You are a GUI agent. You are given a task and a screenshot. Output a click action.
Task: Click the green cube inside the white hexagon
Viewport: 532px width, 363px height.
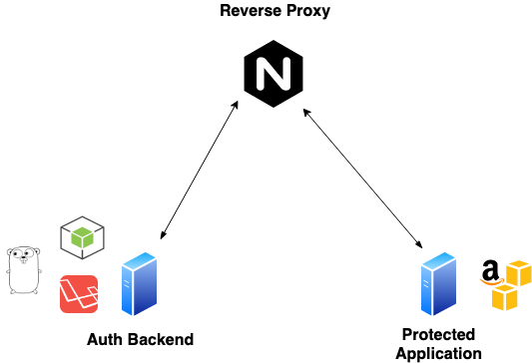pyautogui.click(x=82, y=237)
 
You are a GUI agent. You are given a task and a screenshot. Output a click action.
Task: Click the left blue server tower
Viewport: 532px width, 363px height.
pyautogui.click(x=139, y=284)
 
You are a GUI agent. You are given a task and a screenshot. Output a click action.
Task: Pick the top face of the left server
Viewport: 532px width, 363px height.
pyautogui.click(x=140, y=259)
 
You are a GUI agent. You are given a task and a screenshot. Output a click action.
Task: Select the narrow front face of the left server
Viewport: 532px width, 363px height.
pyautogui.click(x=127, y=291)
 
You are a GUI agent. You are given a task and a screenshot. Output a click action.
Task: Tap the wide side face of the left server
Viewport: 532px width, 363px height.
pyautogui.click(x=146, y=289)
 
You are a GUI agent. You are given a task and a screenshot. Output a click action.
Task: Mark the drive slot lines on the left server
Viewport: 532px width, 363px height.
pyautogui.click(x=127, y=284)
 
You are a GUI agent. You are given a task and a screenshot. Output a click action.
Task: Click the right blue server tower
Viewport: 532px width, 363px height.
pyautogui.click(x=438, y=284)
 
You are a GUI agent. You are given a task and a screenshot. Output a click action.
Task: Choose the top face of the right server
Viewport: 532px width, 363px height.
pyautogui.click(x=439, y=259)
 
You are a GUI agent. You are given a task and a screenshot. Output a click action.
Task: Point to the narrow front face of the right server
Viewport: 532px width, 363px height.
pyautogui.click(x=426, y=291)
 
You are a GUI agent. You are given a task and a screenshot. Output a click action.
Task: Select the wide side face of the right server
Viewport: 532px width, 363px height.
pyautogui.click(x=445, y=289)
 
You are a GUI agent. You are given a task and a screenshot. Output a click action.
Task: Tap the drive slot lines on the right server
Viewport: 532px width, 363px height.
pyautogui.click(x=426, y=284)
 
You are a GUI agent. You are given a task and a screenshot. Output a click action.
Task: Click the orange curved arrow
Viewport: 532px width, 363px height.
pyautogui.click(x=489, y=283)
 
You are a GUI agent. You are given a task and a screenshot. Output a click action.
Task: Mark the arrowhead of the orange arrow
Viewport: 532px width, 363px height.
pyautogui.click(x=501, y=280)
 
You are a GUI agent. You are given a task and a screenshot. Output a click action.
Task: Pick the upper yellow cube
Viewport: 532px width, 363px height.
pyautogui.click(x=519, y=273)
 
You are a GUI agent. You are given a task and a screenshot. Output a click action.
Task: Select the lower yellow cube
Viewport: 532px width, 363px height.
pyautogui.click(x=505, y=298)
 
